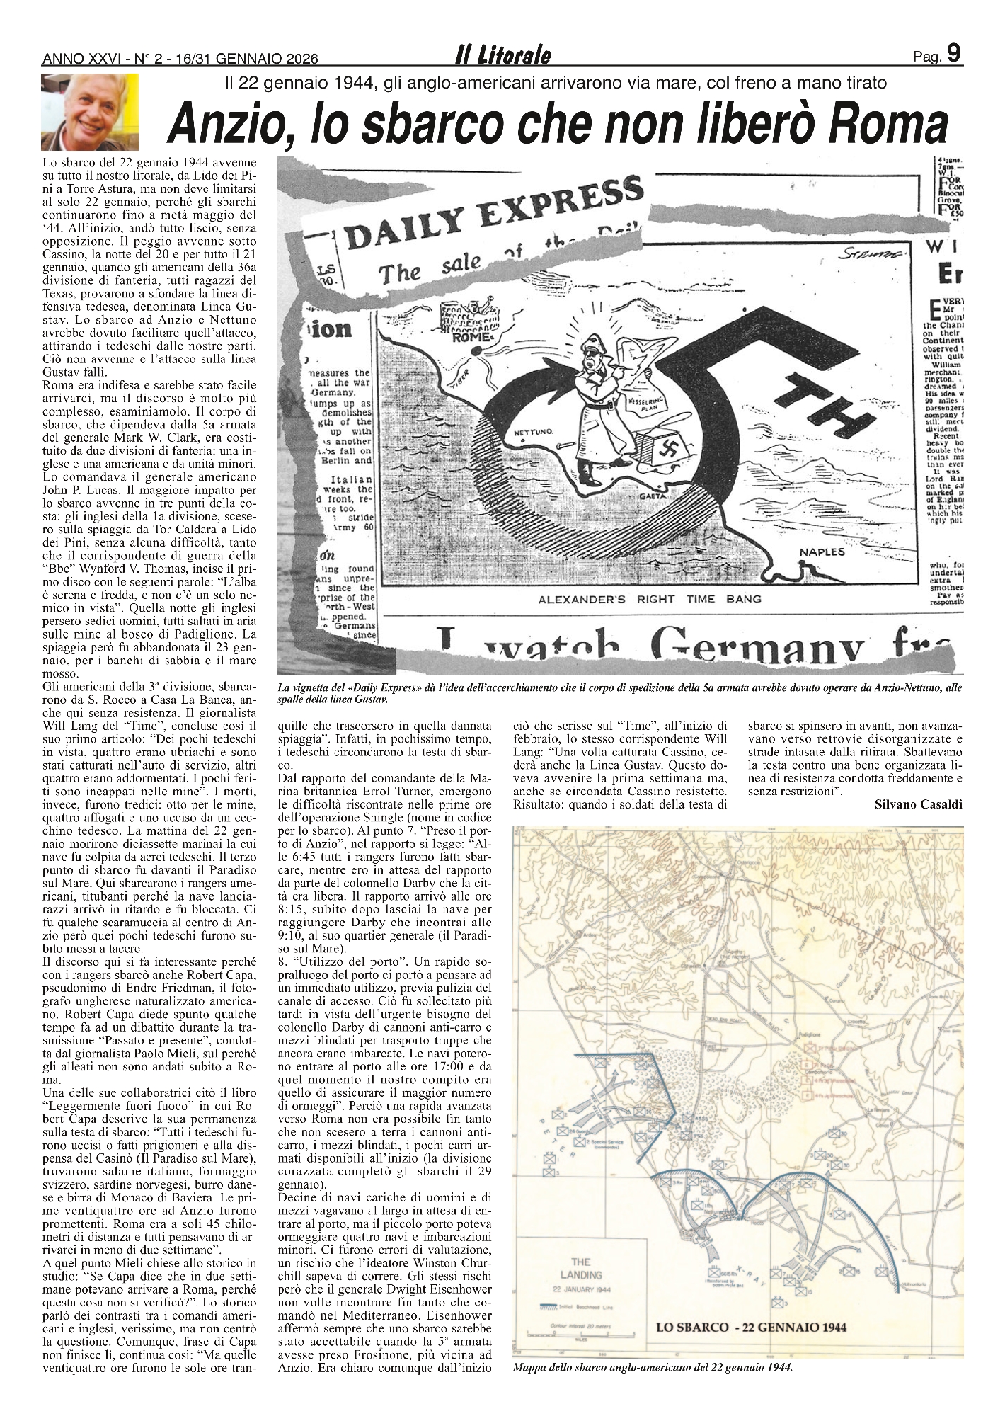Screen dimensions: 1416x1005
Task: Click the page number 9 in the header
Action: pyautogui.click(x=953, y=53)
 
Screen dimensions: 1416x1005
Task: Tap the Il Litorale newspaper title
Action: pyautogui.click(x=503, y=57)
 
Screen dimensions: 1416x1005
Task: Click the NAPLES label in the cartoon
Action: pyautogui.click(x=823, y=553)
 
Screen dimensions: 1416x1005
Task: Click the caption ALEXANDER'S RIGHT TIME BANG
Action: pyautogui.click(x=650, y=599)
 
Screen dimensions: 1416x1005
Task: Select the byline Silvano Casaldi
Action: pyautogui.click(x=918, y=804)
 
